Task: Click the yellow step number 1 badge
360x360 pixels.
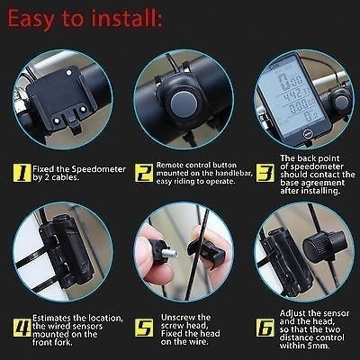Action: click(x=22, y=173)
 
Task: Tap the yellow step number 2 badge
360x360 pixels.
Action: click(x=144, y=173)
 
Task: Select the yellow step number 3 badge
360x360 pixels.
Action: click(x=265, y=173)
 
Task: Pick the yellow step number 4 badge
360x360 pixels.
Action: click(x=22, y=328)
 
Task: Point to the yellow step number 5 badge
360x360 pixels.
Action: click(x=144, y=328)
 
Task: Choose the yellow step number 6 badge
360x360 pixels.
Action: click(x=265, y=328)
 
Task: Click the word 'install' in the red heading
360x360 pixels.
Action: click(x=127, y=19)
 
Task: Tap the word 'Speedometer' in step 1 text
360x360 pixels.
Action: click(x=99, y=169)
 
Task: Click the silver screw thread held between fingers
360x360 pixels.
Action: click(x=171, y=254)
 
